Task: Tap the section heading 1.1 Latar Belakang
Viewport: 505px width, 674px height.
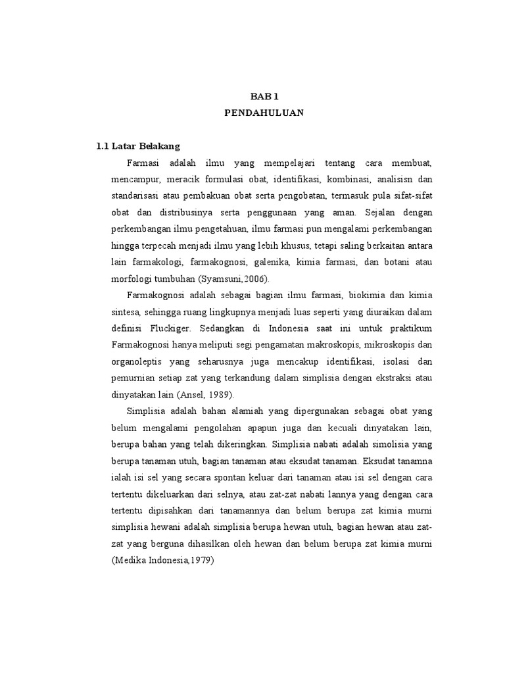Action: (138, 145)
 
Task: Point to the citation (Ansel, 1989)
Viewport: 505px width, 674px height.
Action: (206, 394)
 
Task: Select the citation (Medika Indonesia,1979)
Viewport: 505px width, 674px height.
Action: (164, 560)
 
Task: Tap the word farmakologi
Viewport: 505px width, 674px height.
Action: (156, 262)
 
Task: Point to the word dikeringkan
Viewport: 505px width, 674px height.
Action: (237, 444)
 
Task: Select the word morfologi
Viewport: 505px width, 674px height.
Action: (133, 278)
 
